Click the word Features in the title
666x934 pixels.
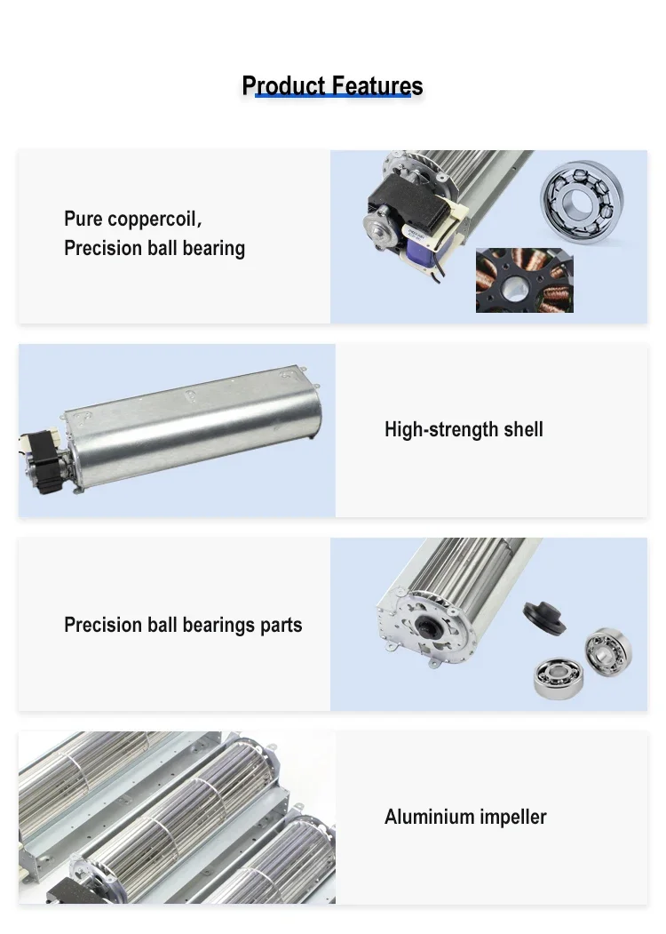(377, 86)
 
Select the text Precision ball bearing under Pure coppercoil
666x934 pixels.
(155, 249)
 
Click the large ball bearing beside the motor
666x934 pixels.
(582, 200)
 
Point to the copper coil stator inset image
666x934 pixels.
(524, 281)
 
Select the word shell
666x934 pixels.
(523, 429)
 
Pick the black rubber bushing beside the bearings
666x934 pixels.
(544, 617)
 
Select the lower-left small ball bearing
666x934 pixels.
(559, 676)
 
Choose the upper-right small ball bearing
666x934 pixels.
(608, 651)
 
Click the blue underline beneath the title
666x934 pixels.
(333, 95)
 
